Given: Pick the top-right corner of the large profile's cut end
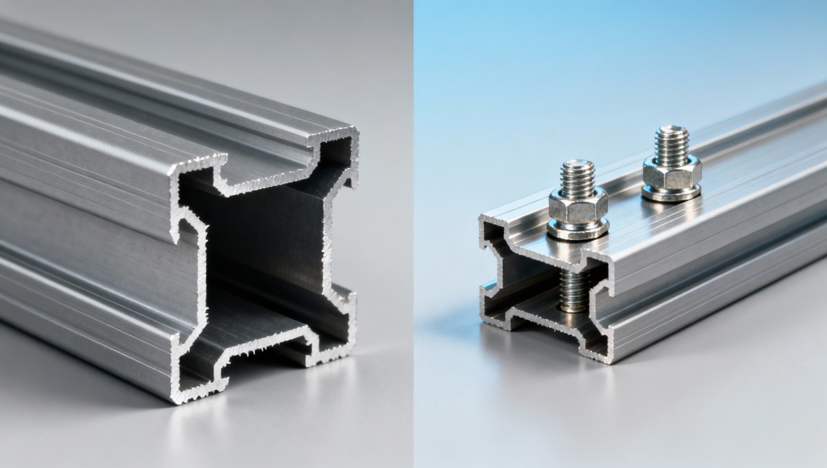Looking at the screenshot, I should pos(356,131).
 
